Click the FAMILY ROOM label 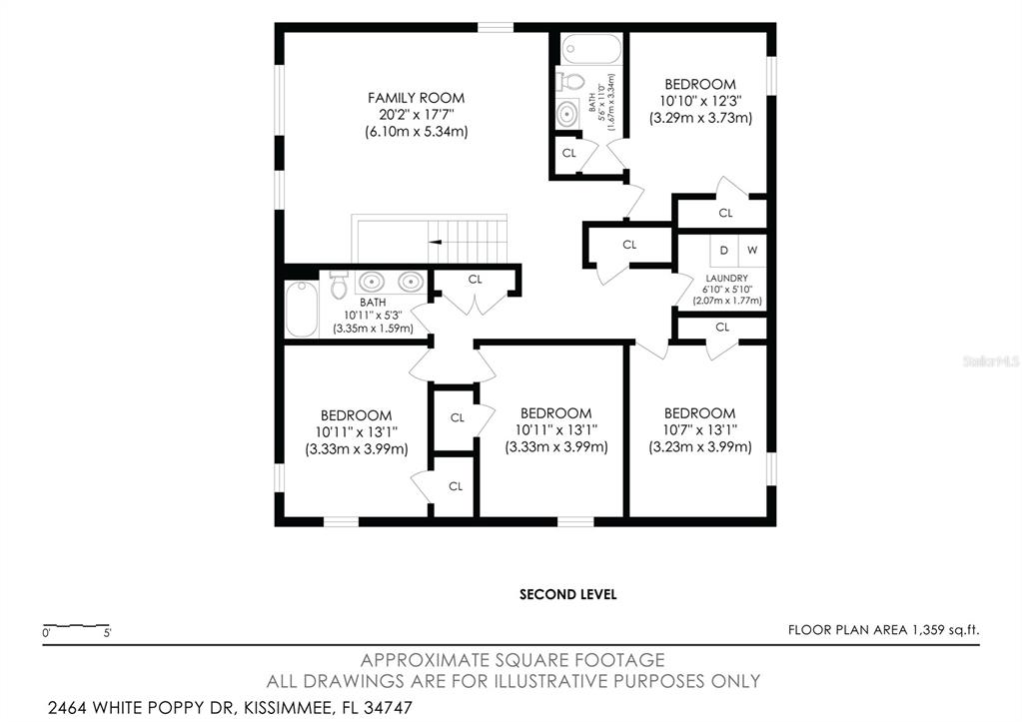(416, 98)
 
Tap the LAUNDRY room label (726, 279)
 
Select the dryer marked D (724, 251)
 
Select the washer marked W (753, 251)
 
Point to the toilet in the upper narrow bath (569, 82)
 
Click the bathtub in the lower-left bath (302, 309)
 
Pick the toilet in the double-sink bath (339, 285)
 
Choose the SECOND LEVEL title (567, 594)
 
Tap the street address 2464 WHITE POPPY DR (140, 707)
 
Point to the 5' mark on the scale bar (108, 633)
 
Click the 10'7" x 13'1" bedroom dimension (699, 430)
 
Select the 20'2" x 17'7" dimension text (416, 115)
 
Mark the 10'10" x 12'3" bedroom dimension (700, 101)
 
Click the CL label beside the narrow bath (569, 153)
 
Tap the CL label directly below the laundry (722, 328)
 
